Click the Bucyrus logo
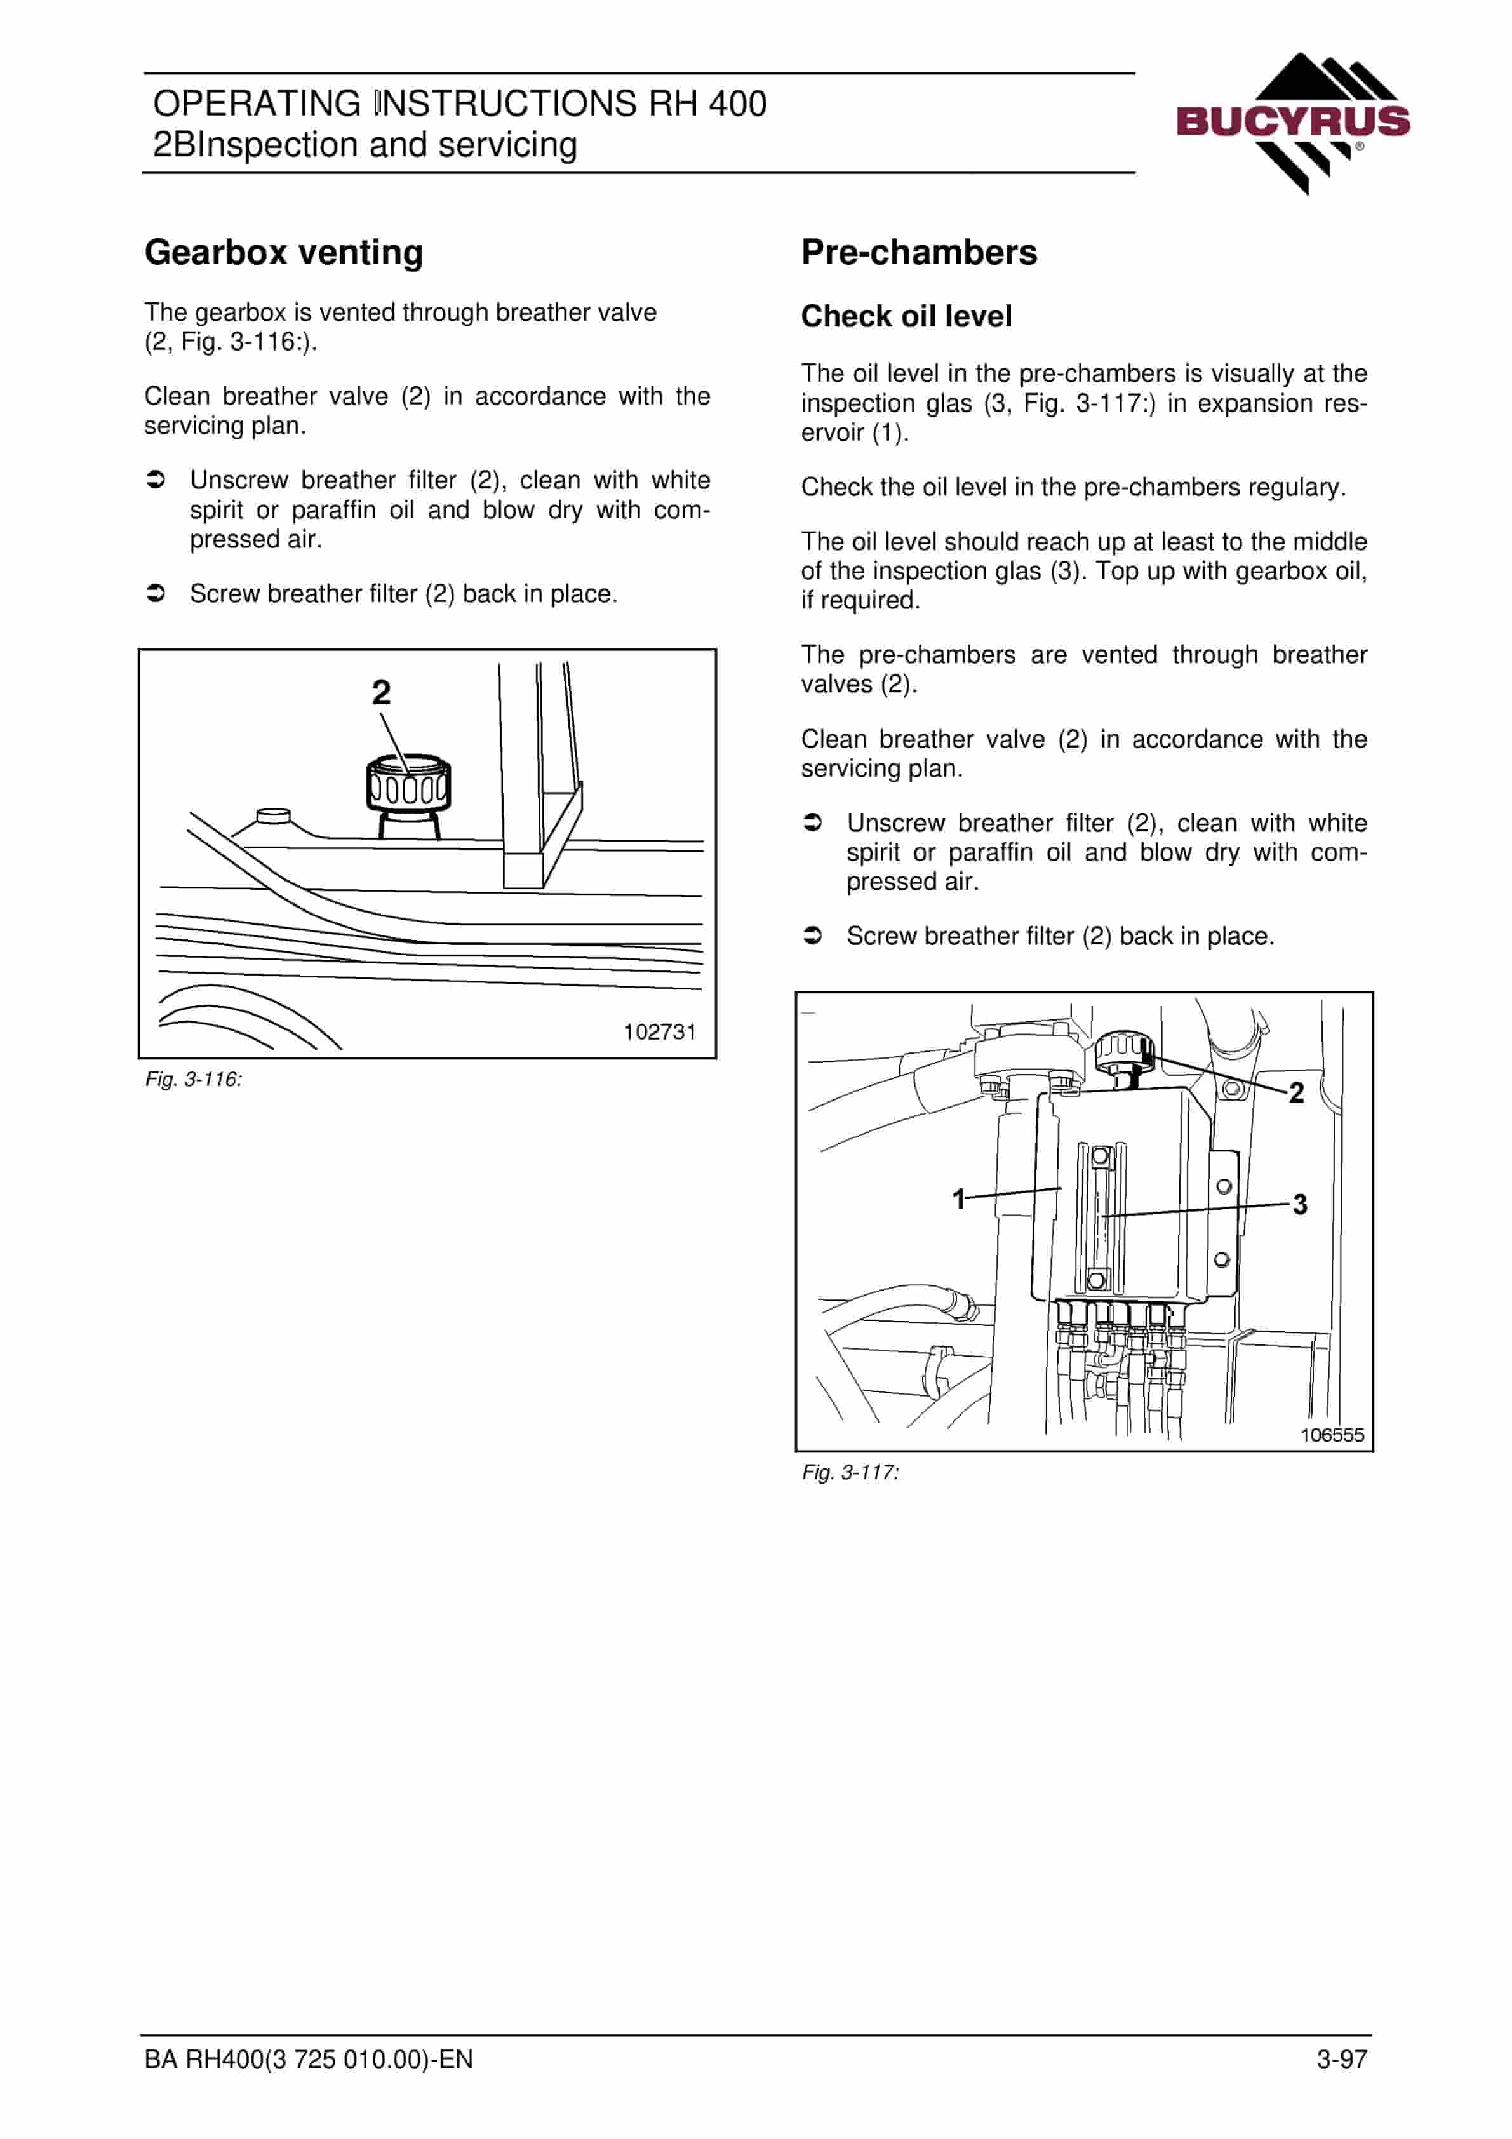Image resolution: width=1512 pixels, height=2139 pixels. point(1293,123)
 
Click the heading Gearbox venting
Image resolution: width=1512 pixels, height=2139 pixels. point(283,253)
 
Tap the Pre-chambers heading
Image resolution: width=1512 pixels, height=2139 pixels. point(918,253)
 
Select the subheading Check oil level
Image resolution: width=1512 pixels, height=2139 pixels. point(906,317)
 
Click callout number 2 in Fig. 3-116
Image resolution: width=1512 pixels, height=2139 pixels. point(381,692)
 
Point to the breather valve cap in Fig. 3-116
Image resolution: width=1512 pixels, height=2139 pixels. point(408,782)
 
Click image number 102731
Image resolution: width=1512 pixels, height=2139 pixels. point(660,1031)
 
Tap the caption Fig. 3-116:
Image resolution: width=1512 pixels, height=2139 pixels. point(193,1079)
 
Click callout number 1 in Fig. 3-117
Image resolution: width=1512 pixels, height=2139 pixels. point(959,1199)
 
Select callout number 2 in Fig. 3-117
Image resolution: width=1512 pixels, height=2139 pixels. point(1296,1093)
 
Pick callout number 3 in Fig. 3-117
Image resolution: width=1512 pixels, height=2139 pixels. point(1300,1205)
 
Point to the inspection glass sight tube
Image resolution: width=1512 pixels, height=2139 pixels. point(1101,1217)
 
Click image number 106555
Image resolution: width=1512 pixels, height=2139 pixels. point(1332,1435)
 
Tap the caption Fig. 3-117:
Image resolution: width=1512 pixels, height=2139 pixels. point(850,1472)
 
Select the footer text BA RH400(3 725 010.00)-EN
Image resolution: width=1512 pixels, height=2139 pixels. point(309,2059)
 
